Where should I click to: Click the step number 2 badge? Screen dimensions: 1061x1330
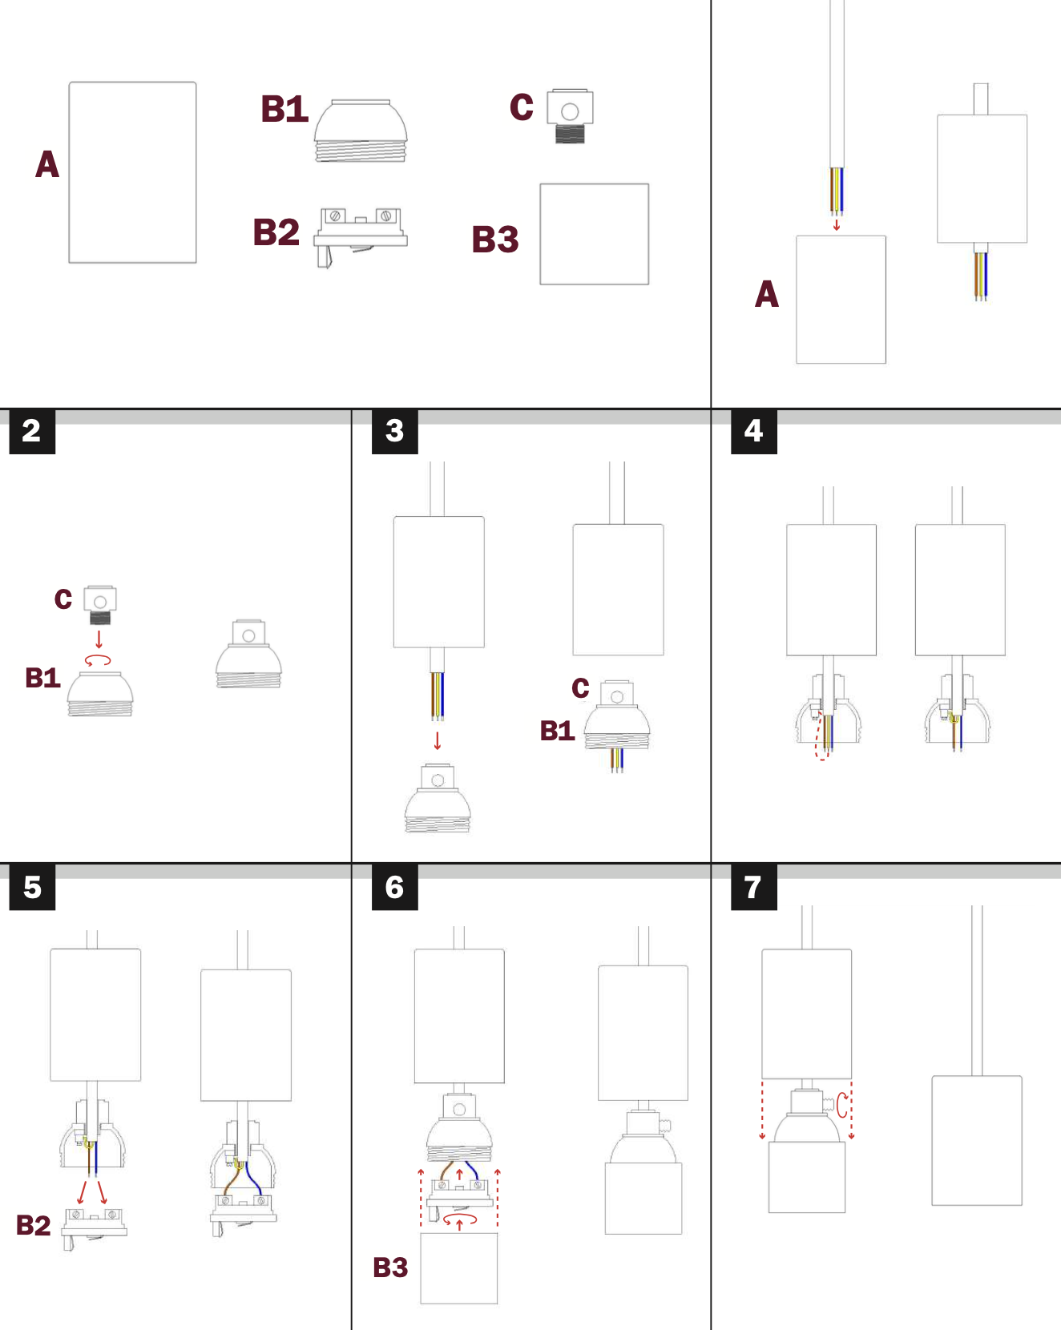(32, 431)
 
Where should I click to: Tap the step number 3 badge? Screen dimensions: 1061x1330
(395, 431)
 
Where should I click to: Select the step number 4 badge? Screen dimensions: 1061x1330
(754, 431)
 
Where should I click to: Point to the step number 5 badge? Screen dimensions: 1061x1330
(32, 887)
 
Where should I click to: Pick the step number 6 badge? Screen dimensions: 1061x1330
(395, 887)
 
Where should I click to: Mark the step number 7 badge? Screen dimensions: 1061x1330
(754, 887)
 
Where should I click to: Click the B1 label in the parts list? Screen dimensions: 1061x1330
(284, 109)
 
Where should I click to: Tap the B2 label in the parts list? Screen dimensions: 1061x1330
(276, 232)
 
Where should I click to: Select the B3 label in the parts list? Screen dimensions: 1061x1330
(495, 240)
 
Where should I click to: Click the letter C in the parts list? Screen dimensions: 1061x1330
(522, 107)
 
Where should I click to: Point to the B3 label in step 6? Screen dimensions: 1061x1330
(391, 1268)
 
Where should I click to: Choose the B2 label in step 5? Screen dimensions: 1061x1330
(34, 1225)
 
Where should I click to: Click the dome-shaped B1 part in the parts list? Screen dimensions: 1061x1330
(361, 131)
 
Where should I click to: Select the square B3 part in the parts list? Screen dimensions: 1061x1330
(595, 234)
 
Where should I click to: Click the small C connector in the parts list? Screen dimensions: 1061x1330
(570, 117)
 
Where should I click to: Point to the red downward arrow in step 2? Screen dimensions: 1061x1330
(99, 639)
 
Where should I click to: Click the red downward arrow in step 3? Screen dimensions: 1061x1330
(438, 740)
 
